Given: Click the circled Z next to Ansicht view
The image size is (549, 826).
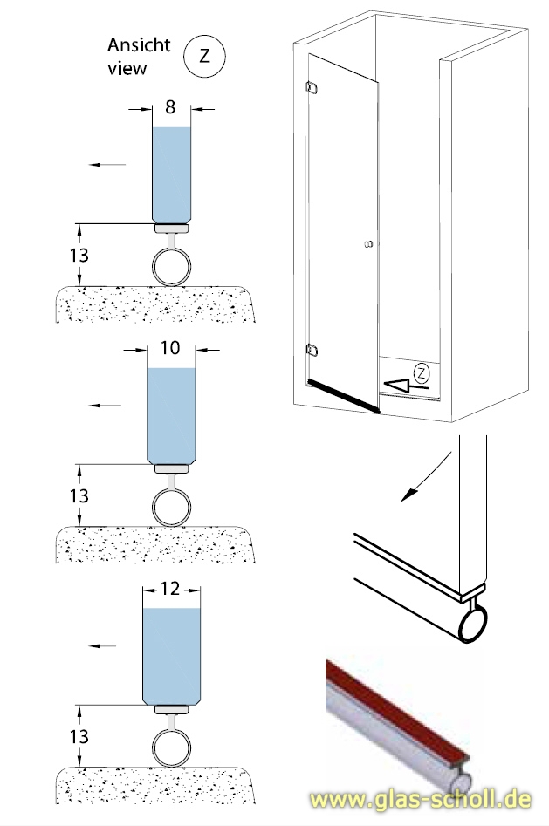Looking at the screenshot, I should point(204,56).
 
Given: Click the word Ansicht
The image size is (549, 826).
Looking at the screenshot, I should point(139,44).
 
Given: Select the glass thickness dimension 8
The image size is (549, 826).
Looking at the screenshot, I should point(170,107).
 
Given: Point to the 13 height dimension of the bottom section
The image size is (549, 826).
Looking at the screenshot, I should point(79,736).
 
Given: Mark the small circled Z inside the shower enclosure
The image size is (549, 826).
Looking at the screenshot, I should point(422,372).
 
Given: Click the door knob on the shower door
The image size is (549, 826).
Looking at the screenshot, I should point(367,243).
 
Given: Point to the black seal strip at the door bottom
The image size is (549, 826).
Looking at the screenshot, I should point(342,395).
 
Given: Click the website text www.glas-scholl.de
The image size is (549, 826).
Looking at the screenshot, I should point(426,800).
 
